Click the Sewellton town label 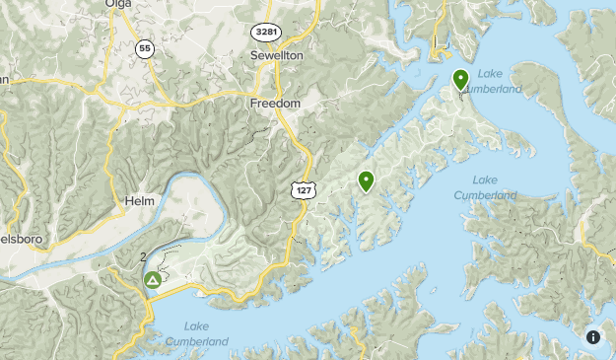click(276, 55)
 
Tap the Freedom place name click(275, 103)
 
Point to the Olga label click(117, 4)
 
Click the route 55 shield click(145, 48)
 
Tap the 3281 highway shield click(264, 32)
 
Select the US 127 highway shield click(302, 188)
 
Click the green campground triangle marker click(153, 281)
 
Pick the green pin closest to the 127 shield click(366, 180)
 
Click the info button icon click(593, 336)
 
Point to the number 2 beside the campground click(144, 256)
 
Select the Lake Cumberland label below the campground click(196, 335)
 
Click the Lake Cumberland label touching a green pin click(498, 82)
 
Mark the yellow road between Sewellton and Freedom click(277, 79)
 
